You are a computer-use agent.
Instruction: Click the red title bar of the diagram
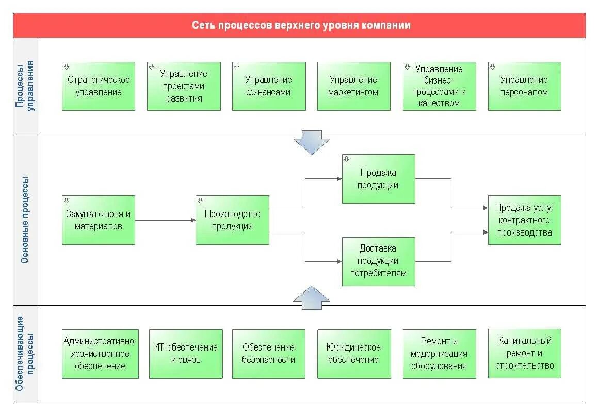point(299,25)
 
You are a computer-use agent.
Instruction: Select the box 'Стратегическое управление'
point(99,86)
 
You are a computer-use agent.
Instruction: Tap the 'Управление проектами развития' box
point(184,86)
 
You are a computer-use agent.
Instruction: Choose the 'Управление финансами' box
point(269,86)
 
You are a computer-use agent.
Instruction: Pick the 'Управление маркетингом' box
point(353,86)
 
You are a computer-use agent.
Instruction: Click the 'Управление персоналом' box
point(524,86)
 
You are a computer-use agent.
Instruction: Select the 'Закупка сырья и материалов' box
point(99,220)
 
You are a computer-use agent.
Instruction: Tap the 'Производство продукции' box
point(232,220)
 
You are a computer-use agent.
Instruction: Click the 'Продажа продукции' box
point(379,179)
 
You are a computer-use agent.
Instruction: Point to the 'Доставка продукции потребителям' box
point(379,261)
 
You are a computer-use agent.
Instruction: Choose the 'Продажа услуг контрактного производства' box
point(524,220)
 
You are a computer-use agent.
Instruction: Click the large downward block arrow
point(312,143)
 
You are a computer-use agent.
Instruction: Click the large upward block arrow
point(312,297)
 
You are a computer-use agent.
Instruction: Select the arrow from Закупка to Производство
point(165,220)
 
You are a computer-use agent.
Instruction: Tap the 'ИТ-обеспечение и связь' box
point(186,354)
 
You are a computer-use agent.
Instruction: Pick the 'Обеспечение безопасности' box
point(269,354)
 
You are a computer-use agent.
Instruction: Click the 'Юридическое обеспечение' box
point(354,354)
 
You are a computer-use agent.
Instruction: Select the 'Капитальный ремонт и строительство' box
point(524,354)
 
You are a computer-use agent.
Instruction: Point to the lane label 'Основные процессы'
point(25,220)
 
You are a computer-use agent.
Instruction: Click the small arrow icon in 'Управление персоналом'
point(493,66)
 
